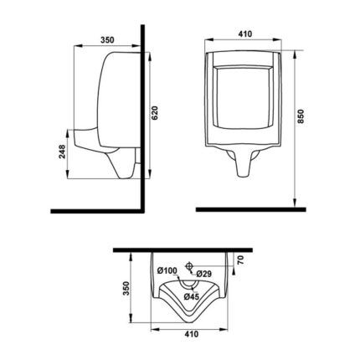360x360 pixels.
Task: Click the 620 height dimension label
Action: tap(156, 113)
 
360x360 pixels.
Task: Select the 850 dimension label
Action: tap(301, 116)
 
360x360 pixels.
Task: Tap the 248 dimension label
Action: tap(62, 152)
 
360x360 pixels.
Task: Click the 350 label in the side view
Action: tap(107, 40)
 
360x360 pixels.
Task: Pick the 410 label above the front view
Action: tap(245, 34)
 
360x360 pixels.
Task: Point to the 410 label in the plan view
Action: tap(192, 334)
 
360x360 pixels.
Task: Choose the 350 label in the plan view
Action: tap(126, 288)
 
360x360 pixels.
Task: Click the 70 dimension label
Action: tap(241, 260)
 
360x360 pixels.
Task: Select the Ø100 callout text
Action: tap(167, 270)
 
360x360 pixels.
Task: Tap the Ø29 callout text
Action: tap(203, 274)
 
